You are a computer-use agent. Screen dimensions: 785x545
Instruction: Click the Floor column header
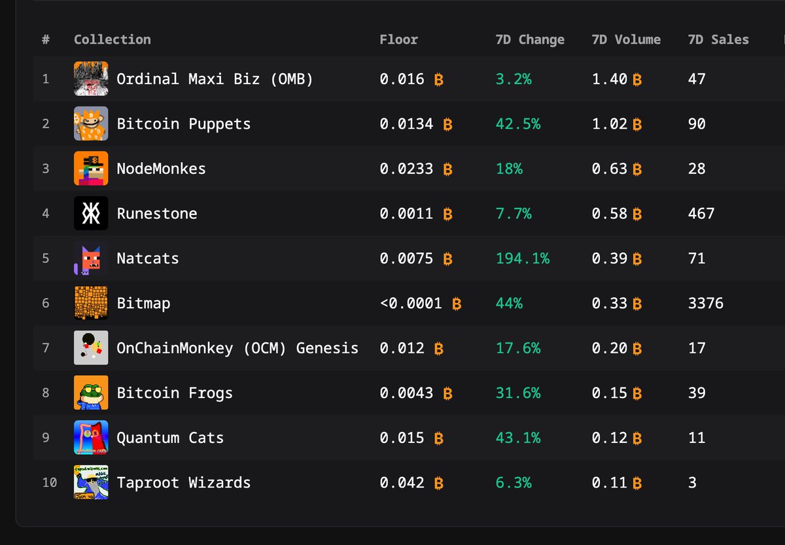pyautogui.click(x=398, y=40)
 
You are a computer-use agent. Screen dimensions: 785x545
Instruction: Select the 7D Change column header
pyautogui.click(x=530, y=40)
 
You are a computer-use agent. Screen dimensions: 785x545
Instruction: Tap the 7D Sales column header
pyautogui.click(x=718, y=40)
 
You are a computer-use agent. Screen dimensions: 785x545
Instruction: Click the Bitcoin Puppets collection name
pyautogui.click(x=184, y=124)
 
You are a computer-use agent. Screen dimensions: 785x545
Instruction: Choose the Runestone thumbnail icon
pyautogui.click(x=91, y=213)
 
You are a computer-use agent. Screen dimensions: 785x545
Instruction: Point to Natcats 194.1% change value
pyautogui.click(x=523, y=258)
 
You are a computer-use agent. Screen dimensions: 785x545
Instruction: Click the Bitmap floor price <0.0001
pyautogui.click(x=411, y=303)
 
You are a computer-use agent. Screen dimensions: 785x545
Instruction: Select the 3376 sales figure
pyautogui.click(x=705, y=303)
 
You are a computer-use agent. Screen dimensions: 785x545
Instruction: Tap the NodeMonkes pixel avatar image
pyautogui.click(x=91, y=169)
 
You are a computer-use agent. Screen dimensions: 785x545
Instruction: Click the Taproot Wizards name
pyautogui.click(x=184, y=483)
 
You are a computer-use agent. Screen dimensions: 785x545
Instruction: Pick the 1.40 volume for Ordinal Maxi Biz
pyautogui.click(x=610, y=79)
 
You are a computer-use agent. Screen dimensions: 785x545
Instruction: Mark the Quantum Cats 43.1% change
pyautogui.click(x=518, y=438)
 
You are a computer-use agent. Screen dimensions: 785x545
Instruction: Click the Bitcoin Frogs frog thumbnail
pyautogui.click(x=91, y=393)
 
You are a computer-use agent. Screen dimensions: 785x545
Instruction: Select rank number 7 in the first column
pyautogui.click(x=46, y=348)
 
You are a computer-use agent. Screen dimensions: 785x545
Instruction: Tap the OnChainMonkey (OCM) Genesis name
pyautogui.click(x=237, y=348)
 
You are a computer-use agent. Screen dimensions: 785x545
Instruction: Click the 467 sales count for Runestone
pyautogui.click(x=701, y=214)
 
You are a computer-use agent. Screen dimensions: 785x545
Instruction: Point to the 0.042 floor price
pyautogui.click(x=402, y=483)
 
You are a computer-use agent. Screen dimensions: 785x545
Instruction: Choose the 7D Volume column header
pyautogui.click(x=626, y=40)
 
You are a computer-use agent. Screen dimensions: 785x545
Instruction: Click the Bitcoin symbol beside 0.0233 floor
pyautogui.click(x=448, y=169)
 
